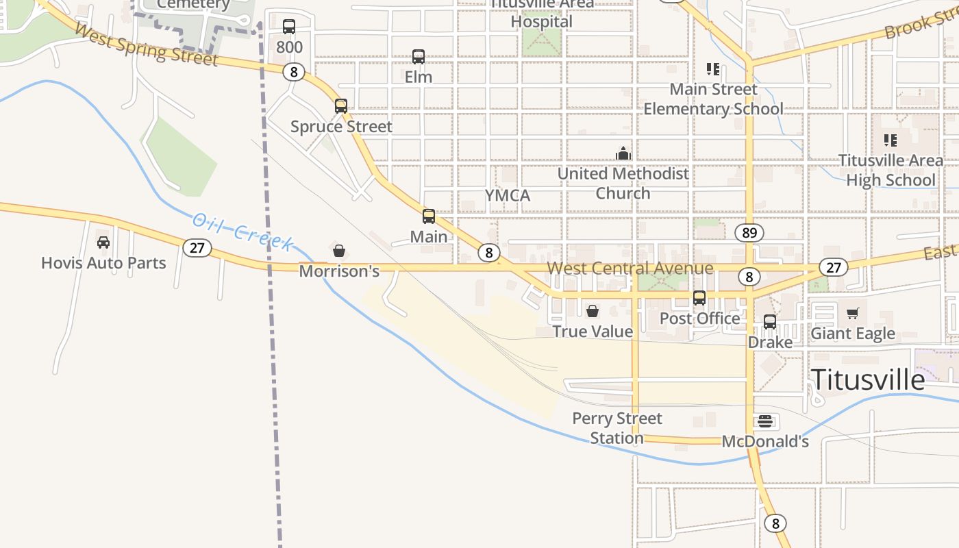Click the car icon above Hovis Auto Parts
103,242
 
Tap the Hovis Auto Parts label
103,263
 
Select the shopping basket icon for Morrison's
338,251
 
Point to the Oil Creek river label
243,232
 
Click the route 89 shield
749,233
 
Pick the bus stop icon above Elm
418,57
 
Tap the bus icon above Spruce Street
340,106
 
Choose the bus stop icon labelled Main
429,216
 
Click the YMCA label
508,196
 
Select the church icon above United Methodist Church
623,153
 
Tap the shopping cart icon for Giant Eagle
852,313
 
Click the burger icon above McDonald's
765,421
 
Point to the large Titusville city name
868,379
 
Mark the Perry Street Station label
617,428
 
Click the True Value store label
593,332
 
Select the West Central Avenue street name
630,268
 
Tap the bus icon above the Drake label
770,321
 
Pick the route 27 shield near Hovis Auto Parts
197,247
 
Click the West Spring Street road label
146,46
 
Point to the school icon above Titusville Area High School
890,140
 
